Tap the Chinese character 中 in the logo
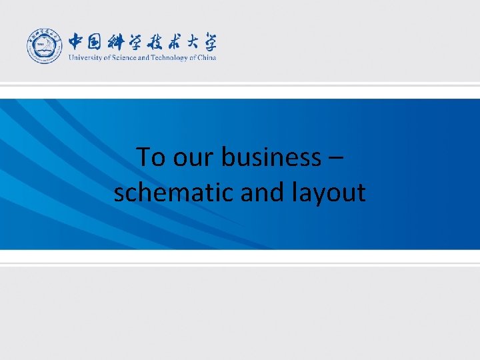click(77, 41)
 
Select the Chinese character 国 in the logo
click(96, 41)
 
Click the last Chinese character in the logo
click(208, 41)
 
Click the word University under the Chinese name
click(82, 58)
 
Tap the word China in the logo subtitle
click(207, 58)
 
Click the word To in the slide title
click(151, 158)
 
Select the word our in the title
click(194, 158)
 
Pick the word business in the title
click(271, 158)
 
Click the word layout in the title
click(329, 193)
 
